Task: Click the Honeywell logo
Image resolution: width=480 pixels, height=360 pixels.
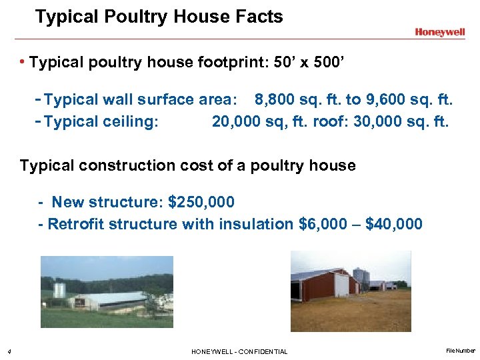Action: (x=439, y=31)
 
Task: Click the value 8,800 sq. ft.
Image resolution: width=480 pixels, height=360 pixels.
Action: (x=292, y=100)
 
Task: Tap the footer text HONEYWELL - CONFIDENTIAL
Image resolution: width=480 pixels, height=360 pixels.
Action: (x=239, y=351)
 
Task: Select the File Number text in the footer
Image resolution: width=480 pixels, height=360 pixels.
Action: (x=461, y=350)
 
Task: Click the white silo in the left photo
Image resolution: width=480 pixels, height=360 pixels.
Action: (x=59, y=289)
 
